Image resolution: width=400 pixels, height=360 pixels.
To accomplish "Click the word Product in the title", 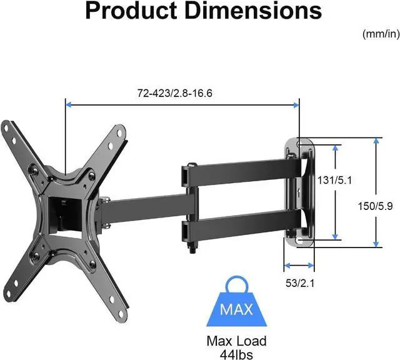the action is tap(131, 11).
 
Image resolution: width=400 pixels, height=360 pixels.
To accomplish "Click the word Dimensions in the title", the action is tap(253, 11).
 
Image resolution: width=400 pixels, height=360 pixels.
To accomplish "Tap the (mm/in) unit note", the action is tap(381, 34).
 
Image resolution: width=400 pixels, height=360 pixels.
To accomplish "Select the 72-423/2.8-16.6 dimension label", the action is tap(175, 93).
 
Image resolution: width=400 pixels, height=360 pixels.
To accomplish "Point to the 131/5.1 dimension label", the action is tap(334, 181).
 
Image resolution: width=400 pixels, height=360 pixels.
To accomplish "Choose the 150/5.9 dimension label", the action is tap(375, 206).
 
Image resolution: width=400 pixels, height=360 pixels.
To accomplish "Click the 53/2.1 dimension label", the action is tap(300, 283).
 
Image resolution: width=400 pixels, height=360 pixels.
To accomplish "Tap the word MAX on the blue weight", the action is tap(236, 309).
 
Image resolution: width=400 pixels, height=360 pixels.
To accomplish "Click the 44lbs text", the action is tap(236, 354).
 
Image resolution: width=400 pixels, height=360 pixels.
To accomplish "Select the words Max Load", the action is tap(236, 341).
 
